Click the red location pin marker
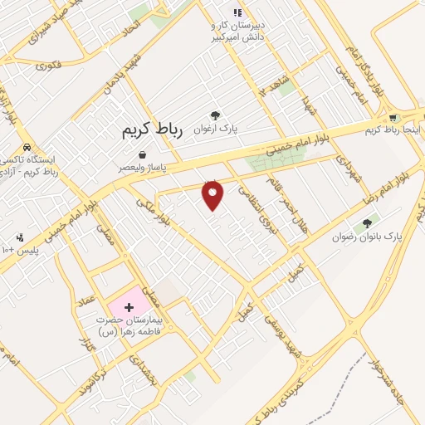[213, 194]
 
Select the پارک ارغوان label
[215, 129]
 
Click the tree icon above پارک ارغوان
[215, 115]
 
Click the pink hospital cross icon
[128, 307]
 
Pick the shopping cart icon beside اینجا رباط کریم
[393, 118]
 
